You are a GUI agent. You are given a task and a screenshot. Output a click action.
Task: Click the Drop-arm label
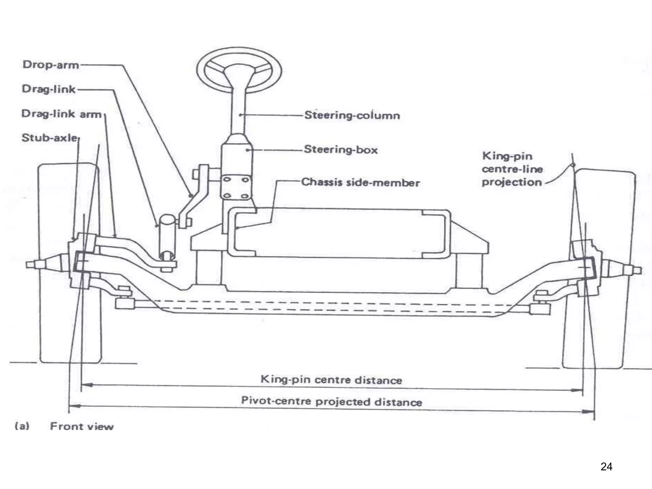click(51, 65)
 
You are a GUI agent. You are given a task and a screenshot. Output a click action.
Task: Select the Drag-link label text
click(49, 89)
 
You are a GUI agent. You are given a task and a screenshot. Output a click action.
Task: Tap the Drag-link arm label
click(61, 114)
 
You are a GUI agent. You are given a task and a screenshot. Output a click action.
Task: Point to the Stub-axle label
click(49, 138)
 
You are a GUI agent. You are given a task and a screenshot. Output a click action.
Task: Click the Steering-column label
click(352, 115)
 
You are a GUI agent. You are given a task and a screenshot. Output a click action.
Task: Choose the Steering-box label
click(341, 150)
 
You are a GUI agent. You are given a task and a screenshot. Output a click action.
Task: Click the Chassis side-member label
click(360, 182)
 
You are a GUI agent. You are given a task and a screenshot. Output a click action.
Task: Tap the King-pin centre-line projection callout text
click(512, 169)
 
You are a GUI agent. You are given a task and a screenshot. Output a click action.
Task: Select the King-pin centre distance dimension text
click(331, 379)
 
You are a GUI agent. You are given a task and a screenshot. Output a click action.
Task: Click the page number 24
click(606, 467)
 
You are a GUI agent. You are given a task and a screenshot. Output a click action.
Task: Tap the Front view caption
click(81, 427)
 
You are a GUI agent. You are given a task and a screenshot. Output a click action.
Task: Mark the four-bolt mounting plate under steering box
click(236, 188)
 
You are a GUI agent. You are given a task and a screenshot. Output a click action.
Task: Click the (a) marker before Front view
click(22, 426)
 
